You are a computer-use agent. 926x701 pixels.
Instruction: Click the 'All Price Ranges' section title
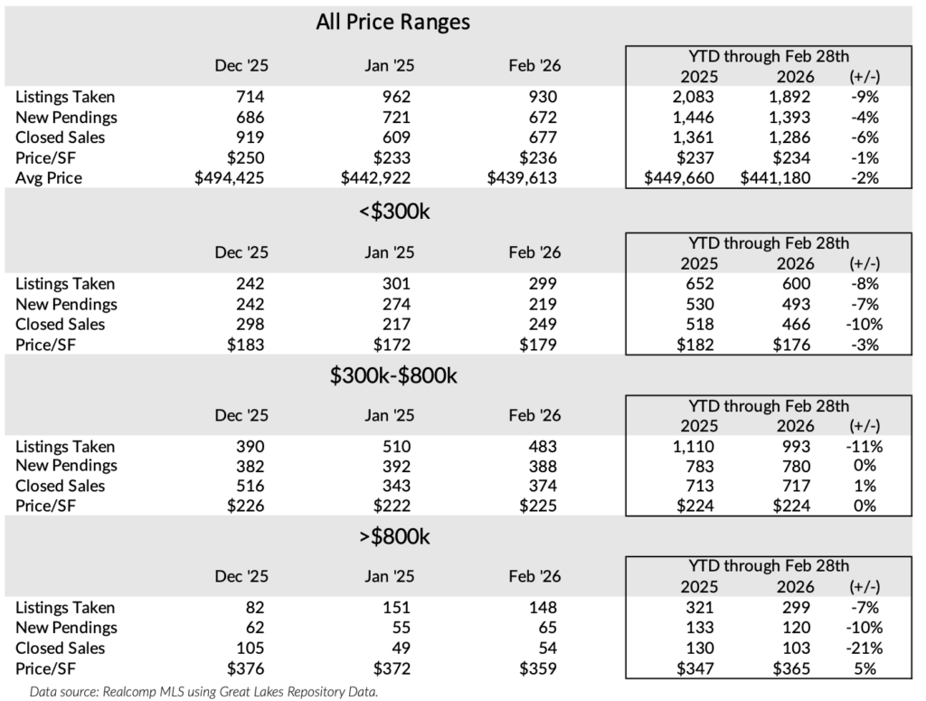click(x=392, y=22)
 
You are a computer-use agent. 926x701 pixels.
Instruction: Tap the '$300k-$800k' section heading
click(x=392, y=375)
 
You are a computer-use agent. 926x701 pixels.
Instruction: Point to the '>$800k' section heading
click(x=392, y=537)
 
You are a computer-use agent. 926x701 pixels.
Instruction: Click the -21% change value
click(x=863, y=648)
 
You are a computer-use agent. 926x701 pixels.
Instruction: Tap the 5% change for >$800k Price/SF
click(x=865, y=668)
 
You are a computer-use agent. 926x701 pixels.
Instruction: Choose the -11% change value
click(x=863, y=446)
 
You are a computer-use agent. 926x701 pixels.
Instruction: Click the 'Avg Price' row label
click(x=49, y=178)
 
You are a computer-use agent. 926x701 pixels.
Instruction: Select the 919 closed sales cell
click(x=251, y=137)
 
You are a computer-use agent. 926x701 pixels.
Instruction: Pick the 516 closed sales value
click(x=251, y=486)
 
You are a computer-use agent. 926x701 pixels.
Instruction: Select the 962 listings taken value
click(x=394, y=97)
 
